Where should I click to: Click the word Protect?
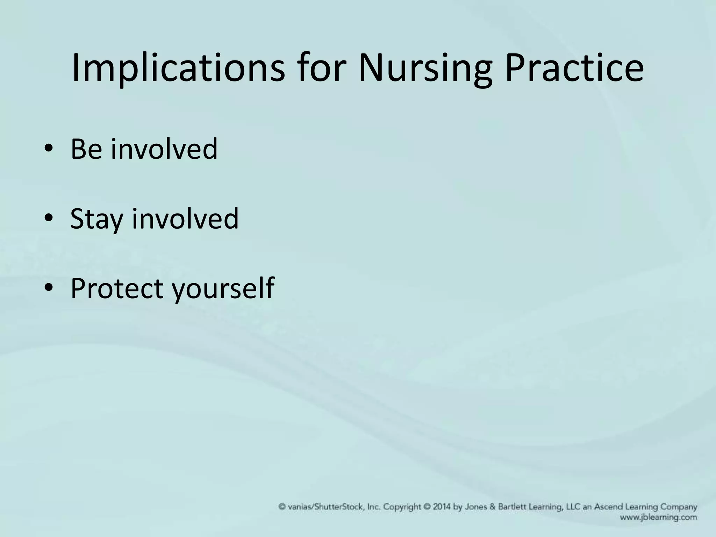[x=117, y=288]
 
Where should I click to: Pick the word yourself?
[x=224, y=288]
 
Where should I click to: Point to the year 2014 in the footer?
[x=442, y=507]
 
